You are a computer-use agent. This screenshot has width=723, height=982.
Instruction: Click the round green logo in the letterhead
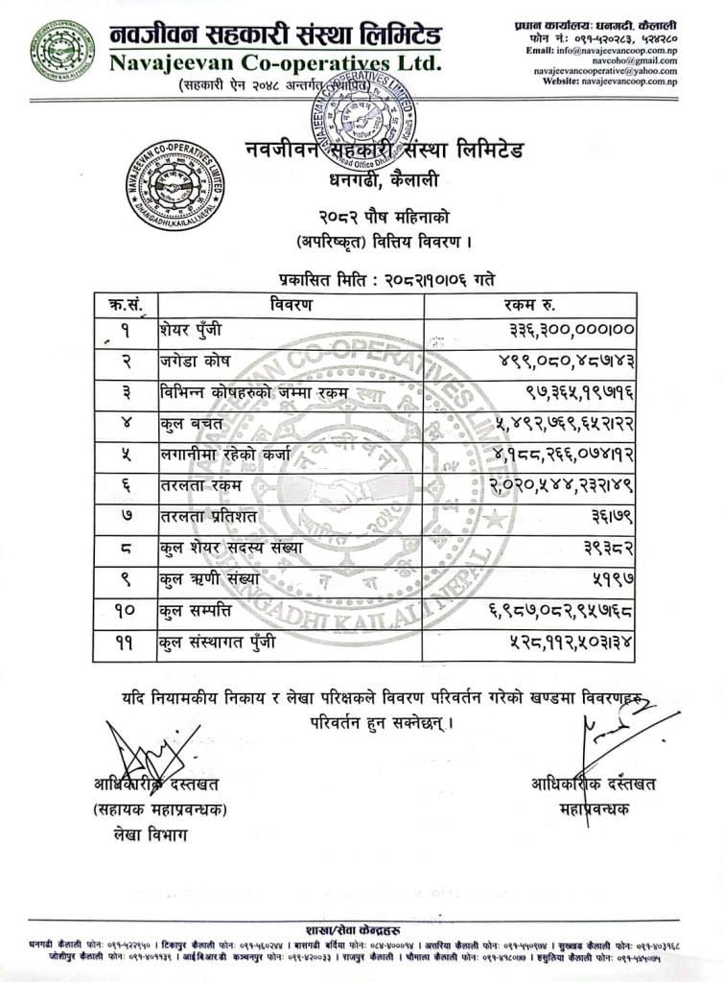point(62,49)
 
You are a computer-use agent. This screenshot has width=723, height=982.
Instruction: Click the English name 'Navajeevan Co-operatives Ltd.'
point(275,64)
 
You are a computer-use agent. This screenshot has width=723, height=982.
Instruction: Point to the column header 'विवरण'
point(290,305)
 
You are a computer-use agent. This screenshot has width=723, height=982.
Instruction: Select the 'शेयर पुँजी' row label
point(191,331)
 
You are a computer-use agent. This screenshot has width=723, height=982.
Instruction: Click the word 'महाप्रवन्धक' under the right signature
point(595,808)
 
